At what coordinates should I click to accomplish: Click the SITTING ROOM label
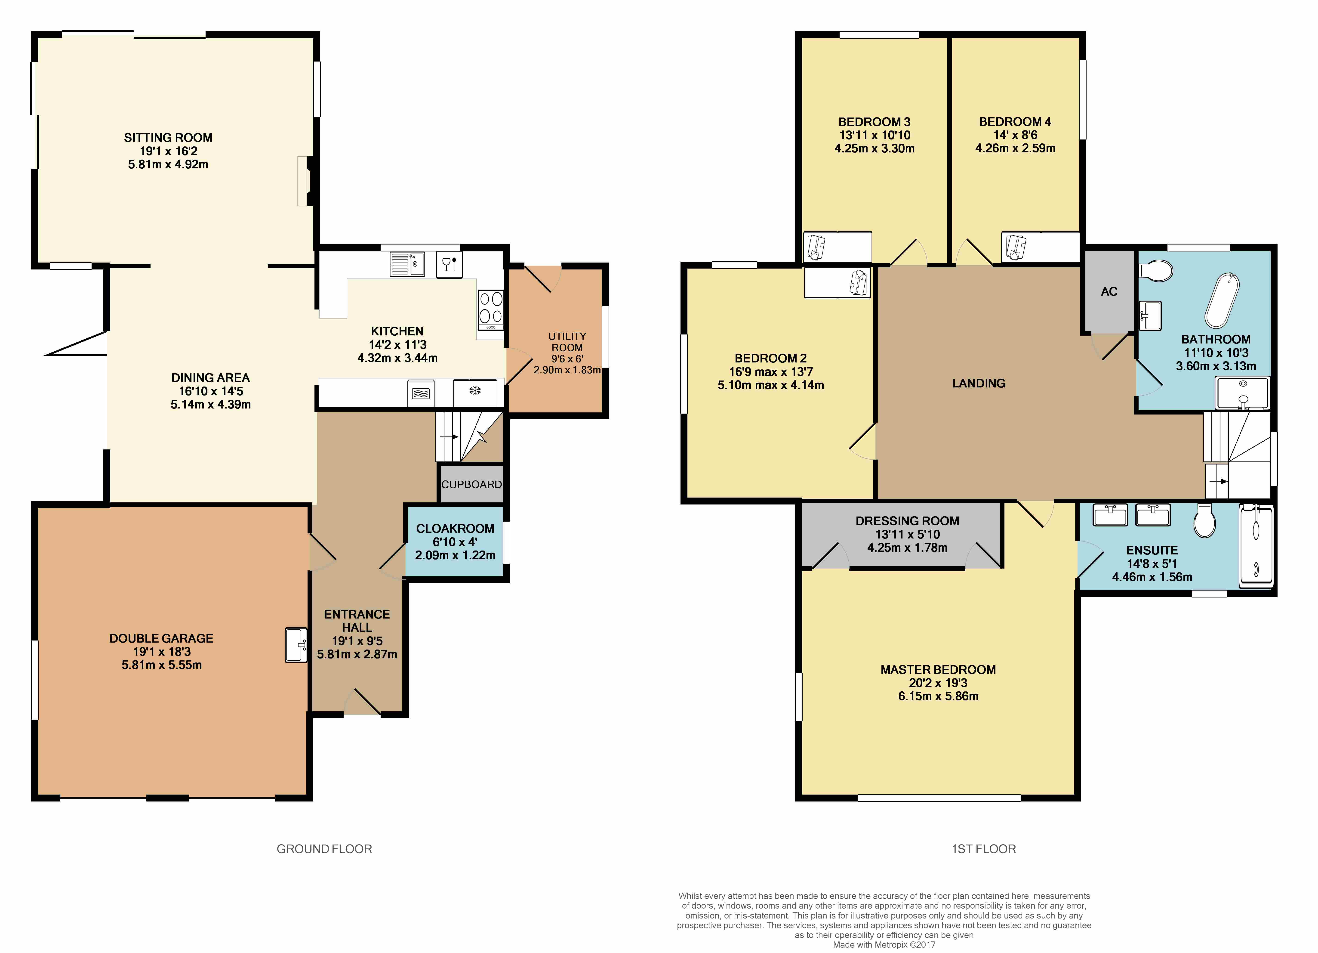pos(168,138)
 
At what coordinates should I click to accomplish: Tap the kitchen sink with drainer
pos(407,264)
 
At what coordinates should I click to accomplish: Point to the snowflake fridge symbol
pos(475,391)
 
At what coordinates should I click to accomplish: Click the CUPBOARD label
pos(471,484)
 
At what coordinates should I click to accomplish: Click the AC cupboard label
pos(1109,292)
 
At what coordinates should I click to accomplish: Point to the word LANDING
pos(979,383)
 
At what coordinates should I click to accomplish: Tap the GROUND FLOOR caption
pos(324,849)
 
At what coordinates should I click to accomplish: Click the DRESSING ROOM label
pos(907,521)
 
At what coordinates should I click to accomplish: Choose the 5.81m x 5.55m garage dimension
pos(162,665)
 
